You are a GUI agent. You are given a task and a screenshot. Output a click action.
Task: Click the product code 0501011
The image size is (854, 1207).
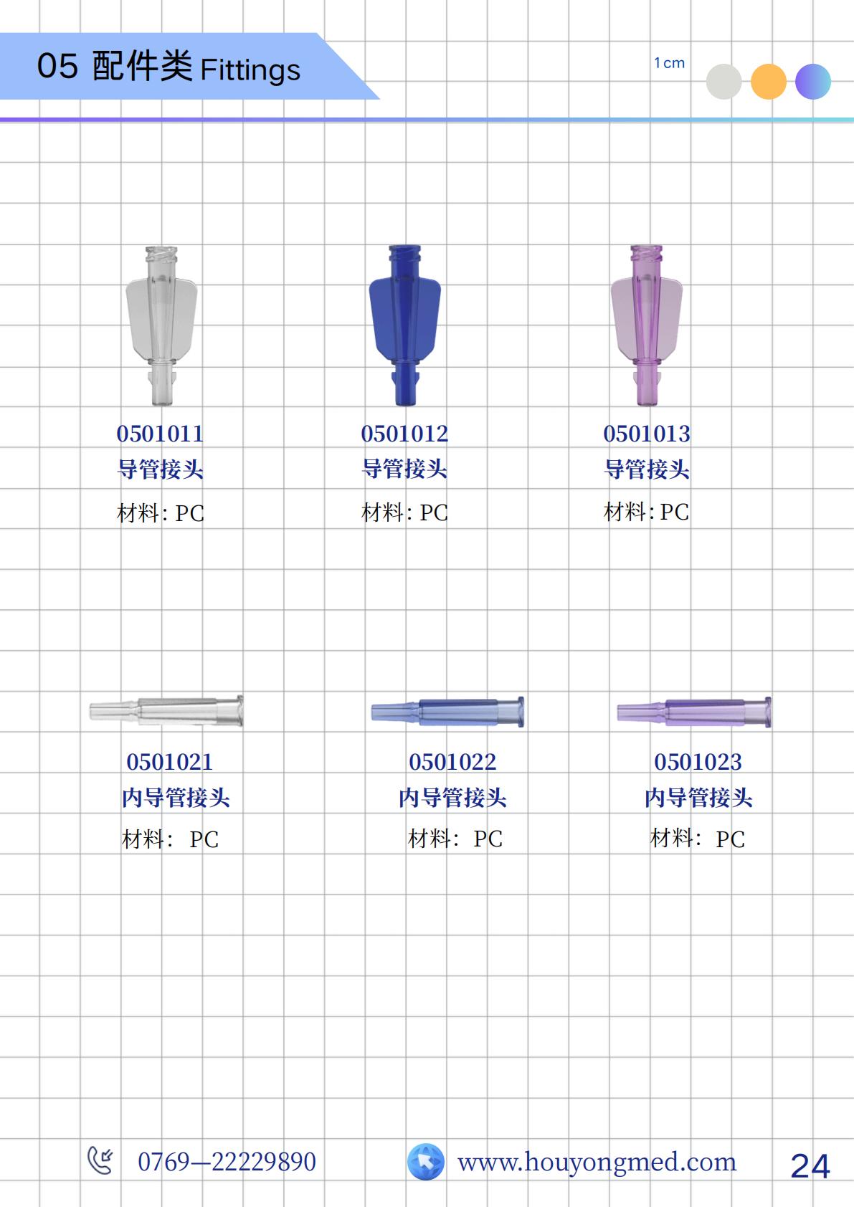click(160, 434)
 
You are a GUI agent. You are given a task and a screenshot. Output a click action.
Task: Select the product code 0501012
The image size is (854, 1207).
click(404, 434)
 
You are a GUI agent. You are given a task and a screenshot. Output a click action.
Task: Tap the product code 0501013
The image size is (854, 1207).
click(647, 434)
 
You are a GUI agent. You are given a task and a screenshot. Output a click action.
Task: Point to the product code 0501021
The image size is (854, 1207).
click(170, 762)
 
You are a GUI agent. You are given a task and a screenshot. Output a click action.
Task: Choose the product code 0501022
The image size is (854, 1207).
click(452, 762)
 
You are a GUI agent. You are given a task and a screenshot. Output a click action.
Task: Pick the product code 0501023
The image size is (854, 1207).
click(698, 762)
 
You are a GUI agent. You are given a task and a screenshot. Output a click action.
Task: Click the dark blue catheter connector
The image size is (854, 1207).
click(405, 325)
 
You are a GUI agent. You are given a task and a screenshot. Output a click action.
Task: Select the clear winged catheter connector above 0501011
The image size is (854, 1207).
click(161, 325)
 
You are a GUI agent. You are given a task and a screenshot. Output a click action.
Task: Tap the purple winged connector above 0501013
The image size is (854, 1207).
click(647, 325)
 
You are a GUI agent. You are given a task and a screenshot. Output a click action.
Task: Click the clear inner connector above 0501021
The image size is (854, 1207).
click(166, 711)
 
